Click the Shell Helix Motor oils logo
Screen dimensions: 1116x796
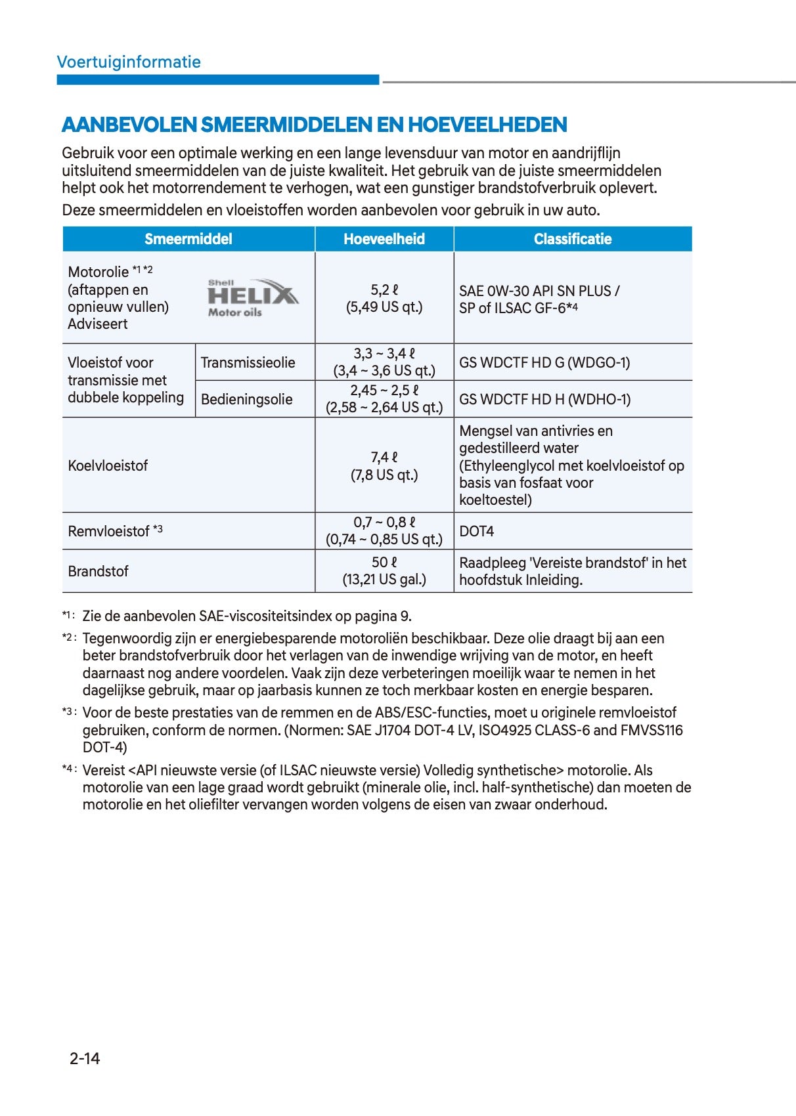253,298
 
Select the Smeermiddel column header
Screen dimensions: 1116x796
188,239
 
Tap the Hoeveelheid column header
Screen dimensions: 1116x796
384,239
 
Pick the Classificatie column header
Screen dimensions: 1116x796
572,239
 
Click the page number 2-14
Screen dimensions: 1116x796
85,1058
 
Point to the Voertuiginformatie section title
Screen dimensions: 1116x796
129,62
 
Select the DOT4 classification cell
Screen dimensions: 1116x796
476,531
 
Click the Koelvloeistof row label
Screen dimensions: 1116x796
108,465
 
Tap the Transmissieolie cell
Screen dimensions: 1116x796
248,362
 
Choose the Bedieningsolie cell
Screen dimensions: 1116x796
246,399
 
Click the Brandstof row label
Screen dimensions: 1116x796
98,571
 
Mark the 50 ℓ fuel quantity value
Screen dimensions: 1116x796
384,563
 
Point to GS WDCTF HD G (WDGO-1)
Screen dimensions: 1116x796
544,362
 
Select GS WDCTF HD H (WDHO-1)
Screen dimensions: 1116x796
544,399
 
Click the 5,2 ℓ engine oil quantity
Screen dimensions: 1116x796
384,290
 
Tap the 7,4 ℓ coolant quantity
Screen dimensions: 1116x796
384,458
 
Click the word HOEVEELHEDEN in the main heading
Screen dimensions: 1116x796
487,125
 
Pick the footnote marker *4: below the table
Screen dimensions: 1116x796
70,769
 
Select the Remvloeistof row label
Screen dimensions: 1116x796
108,531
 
